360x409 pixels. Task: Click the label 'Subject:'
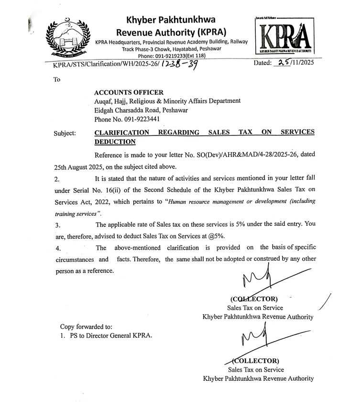pos(65,133)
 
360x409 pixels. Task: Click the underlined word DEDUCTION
pos(115,142)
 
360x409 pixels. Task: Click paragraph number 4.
pos(58,249)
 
